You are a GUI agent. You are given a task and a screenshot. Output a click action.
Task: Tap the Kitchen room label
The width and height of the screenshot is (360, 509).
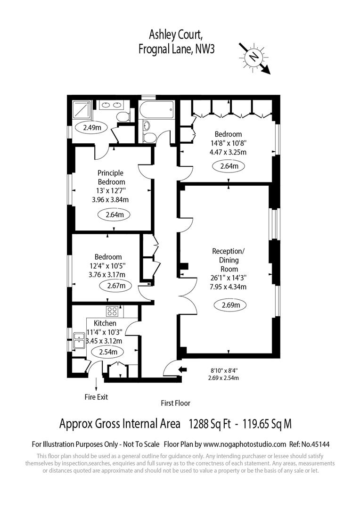[105, 323]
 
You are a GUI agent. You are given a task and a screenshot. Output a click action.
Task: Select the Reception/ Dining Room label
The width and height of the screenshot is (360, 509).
[229, 260]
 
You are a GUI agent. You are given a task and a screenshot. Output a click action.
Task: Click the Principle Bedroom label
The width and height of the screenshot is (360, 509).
[111, 177]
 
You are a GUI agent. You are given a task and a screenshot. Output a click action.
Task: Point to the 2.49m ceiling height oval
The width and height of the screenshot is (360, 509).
[92, 128]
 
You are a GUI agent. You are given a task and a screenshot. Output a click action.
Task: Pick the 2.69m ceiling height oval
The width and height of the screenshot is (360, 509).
[231, 305]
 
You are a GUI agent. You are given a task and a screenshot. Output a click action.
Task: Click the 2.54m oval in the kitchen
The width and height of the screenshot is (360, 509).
[108, 352]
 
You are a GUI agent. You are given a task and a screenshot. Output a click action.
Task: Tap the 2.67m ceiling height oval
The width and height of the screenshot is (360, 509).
[116, 286]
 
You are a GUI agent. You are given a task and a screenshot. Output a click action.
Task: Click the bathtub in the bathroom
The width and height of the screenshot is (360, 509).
[156, 110]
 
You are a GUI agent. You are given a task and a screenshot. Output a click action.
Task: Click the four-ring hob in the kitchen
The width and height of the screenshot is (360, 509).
[112, 312]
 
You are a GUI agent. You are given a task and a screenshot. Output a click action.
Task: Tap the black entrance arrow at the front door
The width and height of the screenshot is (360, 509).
[182, 369]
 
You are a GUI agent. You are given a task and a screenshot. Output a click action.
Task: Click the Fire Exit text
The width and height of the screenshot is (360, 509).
[96, 397]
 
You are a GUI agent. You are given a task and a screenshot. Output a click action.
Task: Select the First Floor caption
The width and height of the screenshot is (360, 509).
[176, 403]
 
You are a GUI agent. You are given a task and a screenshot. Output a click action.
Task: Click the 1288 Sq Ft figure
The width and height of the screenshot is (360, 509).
[210, 424]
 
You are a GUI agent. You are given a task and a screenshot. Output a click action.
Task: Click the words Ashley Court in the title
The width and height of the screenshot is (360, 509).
[177, 35]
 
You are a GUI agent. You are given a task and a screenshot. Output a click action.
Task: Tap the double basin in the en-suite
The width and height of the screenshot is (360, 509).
[111, 105]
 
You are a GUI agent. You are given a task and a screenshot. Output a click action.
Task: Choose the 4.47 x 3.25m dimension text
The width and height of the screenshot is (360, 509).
[228, 152]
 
